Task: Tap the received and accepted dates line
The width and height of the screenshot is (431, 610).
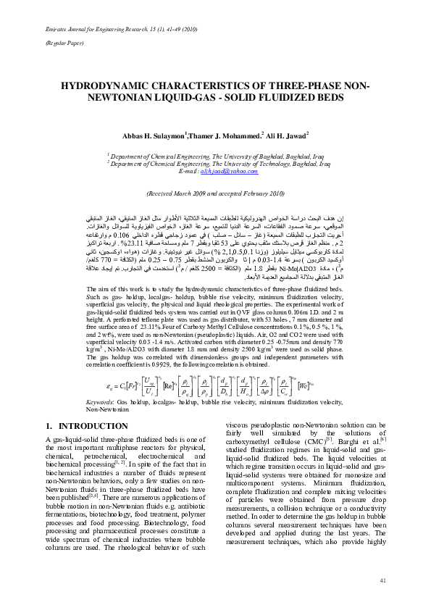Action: pyautogui.click(x=215, y=194)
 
